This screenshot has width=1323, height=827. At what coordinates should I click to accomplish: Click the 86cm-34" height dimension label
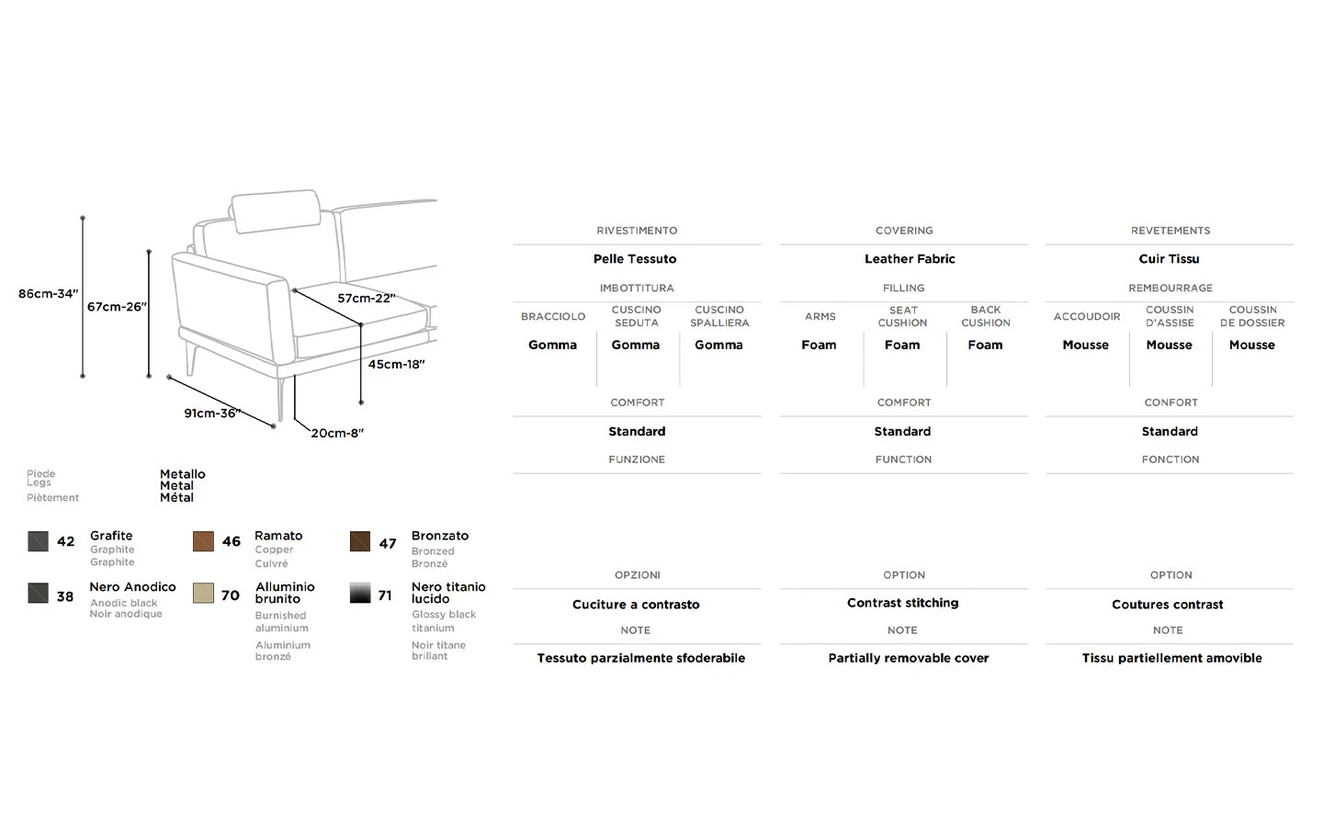coord(48,294)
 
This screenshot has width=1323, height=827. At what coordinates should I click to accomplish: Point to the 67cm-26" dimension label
coord(117,307)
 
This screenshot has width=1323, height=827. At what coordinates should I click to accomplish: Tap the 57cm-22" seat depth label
coord(366,299)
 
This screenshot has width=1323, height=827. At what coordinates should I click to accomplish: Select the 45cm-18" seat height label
coord(396,365)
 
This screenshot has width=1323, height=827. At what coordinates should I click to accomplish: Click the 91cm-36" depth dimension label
coord(211,413)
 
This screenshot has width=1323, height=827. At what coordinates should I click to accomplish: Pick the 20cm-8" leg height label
coord(337,434)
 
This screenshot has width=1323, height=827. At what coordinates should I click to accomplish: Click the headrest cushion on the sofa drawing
coord(275,211)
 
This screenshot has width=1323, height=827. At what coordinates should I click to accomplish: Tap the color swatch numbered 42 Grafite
coord(38,541)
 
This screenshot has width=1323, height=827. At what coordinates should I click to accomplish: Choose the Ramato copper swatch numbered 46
coord(203,541)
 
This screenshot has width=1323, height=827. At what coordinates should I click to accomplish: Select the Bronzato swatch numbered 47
coord(360,541)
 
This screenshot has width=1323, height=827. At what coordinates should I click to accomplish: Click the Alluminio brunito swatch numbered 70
coord(203,593)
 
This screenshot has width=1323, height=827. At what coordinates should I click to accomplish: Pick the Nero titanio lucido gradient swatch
coord(360,593)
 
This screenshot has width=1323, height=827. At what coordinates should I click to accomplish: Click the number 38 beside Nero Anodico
coord(65,596)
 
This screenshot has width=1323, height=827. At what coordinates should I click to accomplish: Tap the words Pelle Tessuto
coord(635,259)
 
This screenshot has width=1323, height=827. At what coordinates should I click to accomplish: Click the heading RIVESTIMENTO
coord(637,231)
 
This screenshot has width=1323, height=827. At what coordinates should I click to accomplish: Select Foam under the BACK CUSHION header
coord(985,346)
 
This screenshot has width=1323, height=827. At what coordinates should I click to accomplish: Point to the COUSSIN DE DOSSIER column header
coord(1252,316)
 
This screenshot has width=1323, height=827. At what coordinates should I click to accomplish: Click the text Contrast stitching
coord(902,603)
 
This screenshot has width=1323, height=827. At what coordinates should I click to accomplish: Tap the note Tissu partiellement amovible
coord(1171,658)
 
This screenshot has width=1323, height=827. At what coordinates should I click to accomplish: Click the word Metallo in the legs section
coord(183,474)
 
